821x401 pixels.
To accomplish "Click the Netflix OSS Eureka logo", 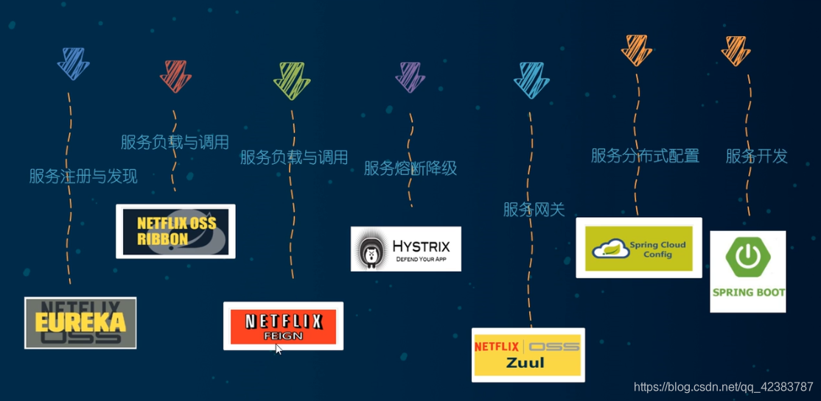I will [x=80, y=322].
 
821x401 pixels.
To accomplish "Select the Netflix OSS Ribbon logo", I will [x=175, y=231].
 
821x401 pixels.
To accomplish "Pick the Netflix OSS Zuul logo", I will [x=528, y=355].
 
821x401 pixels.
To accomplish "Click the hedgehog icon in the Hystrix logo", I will [x=371, y=251].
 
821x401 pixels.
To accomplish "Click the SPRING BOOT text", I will [x=748, y=292].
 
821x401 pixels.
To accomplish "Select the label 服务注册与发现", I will [x=83, y=177].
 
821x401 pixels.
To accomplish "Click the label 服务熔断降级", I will [x=410, y=168].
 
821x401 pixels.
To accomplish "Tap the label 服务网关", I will [x=534, y=210].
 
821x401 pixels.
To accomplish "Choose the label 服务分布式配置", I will [x=645, y=156].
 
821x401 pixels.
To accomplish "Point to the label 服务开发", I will [x=756, y=156].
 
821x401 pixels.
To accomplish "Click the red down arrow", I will [x=175, y=76].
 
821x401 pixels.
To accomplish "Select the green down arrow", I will [x=292, y=80].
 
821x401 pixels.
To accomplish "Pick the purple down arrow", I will [x=410, y=77].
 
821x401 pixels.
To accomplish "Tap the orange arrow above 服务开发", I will [x=736, y=50].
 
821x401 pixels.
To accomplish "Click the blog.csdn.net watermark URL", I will [x=723, y=387].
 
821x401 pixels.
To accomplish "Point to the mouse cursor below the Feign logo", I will [x=279, y=348].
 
